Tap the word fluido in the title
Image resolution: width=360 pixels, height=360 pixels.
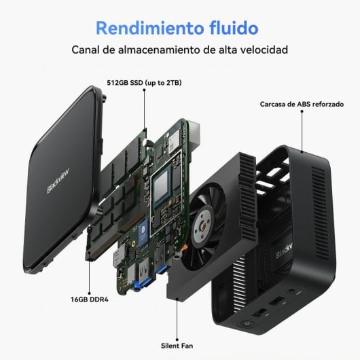231,28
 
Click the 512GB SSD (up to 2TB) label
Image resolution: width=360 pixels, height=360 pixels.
144,82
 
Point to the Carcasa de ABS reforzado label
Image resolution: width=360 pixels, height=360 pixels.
302,105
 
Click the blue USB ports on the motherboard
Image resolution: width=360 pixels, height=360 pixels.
161,268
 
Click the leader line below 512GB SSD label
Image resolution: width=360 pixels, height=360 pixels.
145,109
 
